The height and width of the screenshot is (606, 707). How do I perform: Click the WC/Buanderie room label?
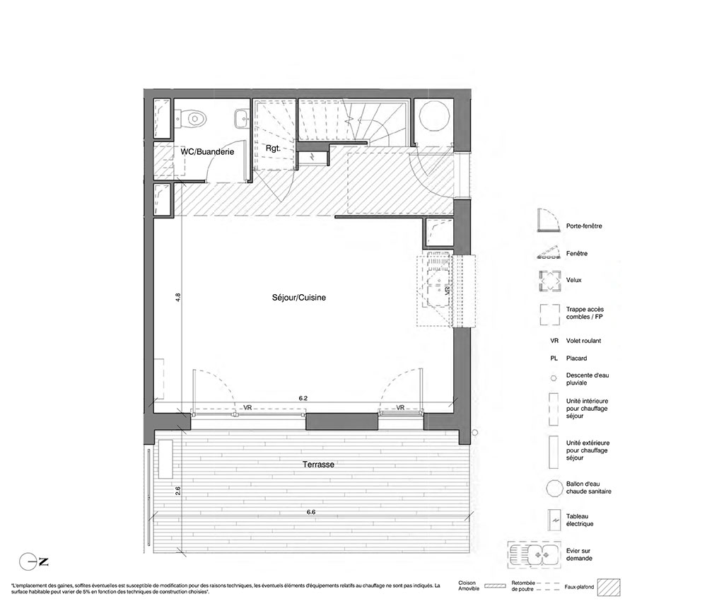coord(207,152)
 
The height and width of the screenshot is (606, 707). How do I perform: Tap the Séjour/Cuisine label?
coord(299,298)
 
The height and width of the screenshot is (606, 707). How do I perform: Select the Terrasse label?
coord(318,465)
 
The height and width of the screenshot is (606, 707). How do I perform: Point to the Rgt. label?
coord(273,148)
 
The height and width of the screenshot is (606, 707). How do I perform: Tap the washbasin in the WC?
coord(242,119)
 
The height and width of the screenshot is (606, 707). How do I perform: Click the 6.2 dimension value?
coord(303,398)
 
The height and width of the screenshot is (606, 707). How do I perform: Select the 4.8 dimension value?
coord(177,298)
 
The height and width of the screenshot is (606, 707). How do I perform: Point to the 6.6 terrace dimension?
coord(311,512)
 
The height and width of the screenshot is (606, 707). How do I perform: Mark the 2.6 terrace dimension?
coord(177,491)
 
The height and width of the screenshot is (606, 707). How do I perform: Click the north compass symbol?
coord(33,562)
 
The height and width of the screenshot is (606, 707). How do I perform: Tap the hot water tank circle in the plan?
coord(434,116)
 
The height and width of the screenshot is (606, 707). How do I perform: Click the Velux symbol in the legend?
coord(549,281)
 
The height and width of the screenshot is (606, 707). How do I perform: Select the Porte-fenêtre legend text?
coord(584,226)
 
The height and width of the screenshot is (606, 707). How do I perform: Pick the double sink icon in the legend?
coord(534,554)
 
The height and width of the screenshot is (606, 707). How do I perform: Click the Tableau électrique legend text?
coord(580,520)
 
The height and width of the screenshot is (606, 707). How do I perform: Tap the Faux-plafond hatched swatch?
coord(609,588)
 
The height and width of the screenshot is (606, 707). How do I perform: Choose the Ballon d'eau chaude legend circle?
coord(554,489)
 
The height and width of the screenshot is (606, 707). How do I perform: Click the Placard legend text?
coord(577,359)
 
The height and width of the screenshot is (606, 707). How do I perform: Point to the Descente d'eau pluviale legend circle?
coord(554,379)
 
